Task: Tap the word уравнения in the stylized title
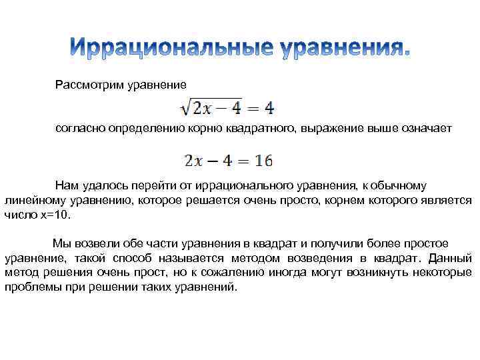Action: pos(343,48)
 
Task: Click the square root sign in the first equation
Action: pos(184,107)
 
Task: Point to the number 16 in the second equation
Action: pos(263,161)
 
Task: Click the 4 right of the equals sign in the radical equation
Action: pos(269,107)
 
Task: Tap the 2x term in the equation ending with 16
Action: pos(193,161)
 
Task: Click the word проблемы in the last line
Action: pos(30,287)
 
